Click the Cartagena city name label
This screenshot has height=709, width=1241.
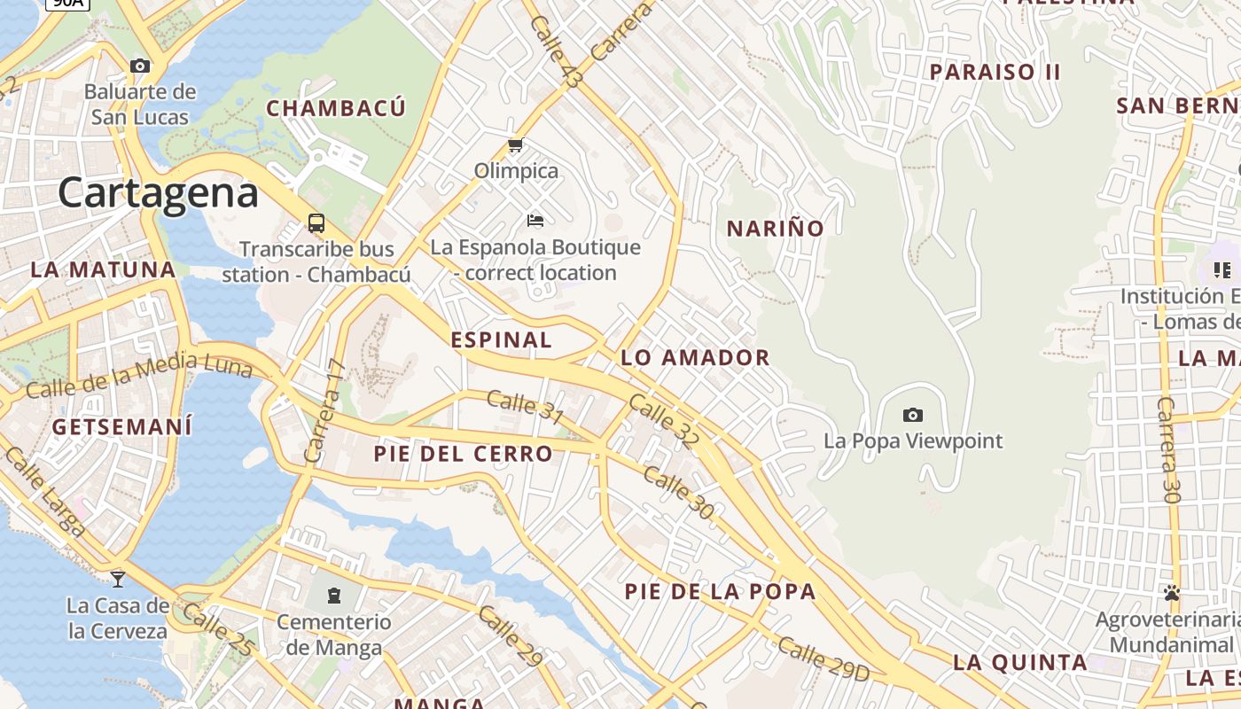(x=159, y=192)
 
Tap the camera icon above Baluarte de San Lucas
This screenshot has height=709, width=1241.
(x=140, y=66)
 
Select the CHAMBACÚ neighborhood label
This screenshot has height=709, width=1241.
(x=336, y=108)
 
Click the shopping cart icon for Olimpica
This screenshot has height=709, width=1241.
(x=515, y=144)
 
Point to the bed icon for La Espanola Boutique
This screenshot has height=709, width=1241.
(x=535, y=220)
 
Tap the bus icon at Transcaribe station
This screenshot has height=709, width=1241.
(x=316, y=222)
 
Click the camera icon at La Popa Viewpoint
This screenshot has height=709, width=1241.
(x=912, y=415)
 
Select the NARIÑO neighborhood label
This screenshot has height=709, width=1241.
(x=776, y=229)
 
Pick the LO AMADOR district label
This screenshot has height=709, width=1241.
(x=695, y=358)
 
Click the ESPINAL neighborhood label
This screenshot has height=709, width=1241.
(x=502, y=339)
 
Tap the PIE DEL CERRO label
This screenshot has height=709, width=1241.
(x=463, y=454)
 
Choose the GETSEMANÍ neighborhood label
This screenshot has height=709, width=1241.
(x=122, y=426)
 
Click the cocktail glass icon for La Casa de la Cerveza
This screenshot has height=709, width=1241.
(x=117, y=580)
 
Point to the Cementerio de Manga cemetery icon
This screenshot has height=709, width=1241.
(x=333, y=596)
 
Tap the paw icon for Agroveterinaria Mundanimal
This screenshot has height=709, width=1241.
(x=1172, y=592)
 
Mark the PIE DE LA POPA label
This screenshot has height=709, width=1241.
(x=720, y=591)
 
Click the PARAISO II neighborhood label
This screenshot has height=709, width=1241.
(x=995, y=72)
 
